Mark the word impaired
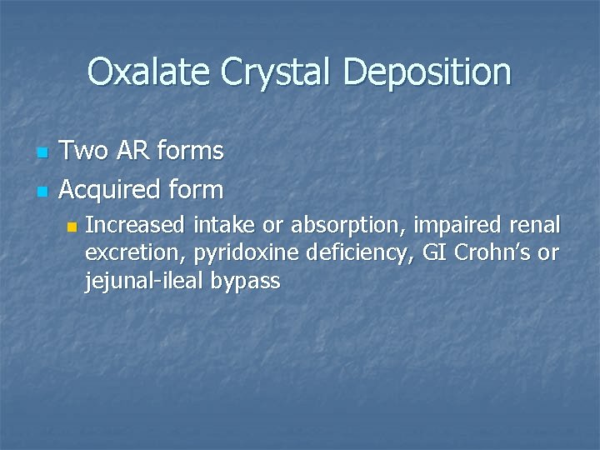click(454, 225)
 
